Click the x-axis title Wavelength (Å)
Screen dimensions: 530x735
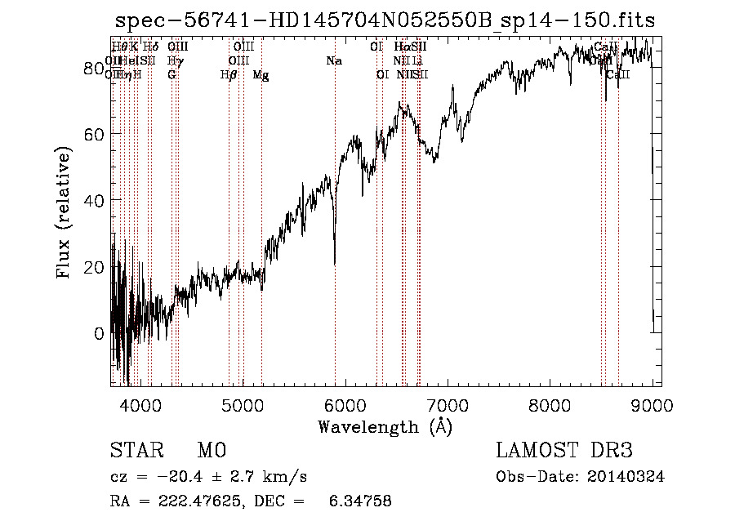[x=385, y=426]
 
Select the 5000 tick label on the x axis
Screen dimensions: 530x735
[x=243, y=404]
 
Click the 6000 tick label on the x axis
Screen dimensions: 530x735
[x=345, y=404]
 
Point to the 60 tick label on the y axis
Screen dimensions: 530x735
[x=92, y=133]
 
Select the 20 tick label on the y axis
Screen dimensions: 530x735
[x=92, y=267]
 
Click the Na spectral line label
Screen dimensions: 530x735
[x=333, y=60]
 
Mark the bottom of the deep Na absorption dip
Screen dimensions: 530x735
[x=335, y=264]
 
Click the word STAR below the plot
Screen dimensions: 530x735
[x=133, y=452]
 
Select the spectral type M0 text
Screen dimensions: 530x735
[x=211, y=452]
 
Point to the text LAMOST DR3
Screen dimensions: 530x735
[x=564, y=452]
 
